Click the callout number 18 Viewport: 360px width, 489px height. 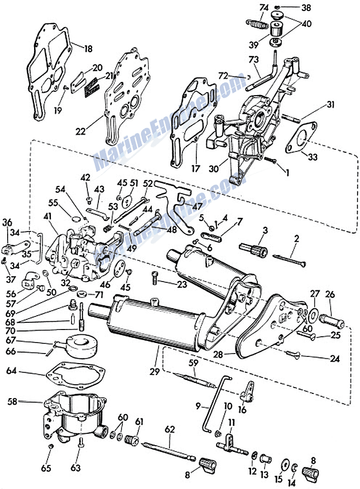pyautogui.click(x=88, y=49)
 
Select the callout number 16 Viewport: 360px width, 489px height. pyautogui.click(x=242, y=409)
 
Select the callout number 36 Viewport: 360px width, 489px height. pyautogui.click(x=7, y=222)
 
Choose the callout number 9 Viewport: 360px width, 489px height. pyautogui.click(x=199, y=406)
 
